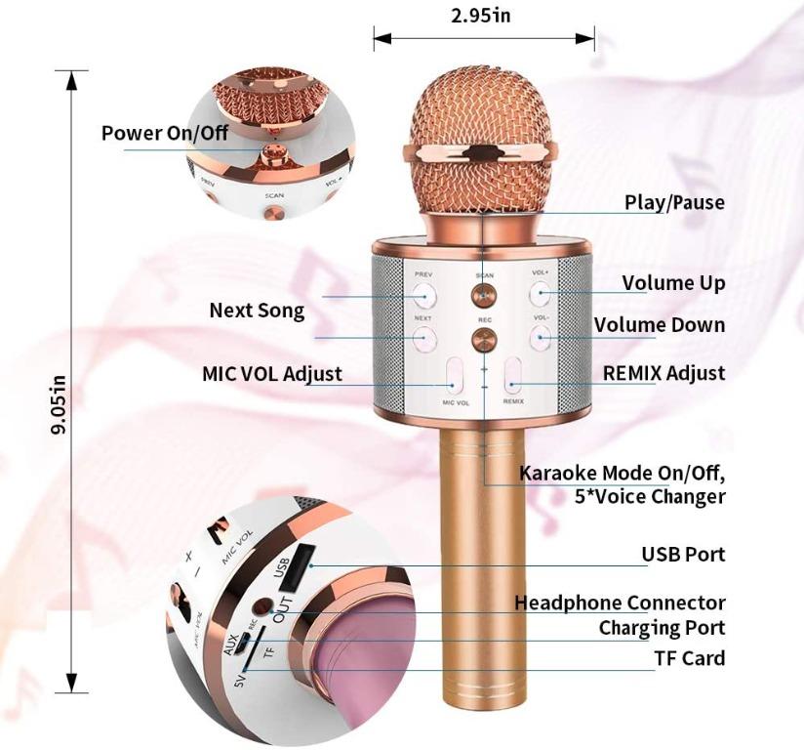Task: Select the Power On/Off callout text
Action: coord(164,132)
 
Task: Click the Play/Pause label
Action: coord(674,202)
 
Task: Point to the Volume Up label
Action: coord(673,283)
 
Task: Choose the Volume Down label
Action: coord(660,324)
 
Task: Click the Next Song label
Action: coord(257,311)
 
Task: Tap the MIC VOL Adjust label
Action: coord(272,373)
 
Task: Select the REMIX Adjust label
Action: coord(663,372)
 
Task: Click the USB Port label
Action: coord(683,554)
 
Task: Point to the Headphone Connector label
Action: coord(620,603)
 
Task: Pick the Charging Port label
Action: coord(662,627)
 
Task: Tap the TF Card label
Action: coord(690,657)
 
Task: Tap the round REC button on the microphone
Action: coord(483,339)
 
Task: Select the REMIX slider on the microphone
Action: coord(513,378)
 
